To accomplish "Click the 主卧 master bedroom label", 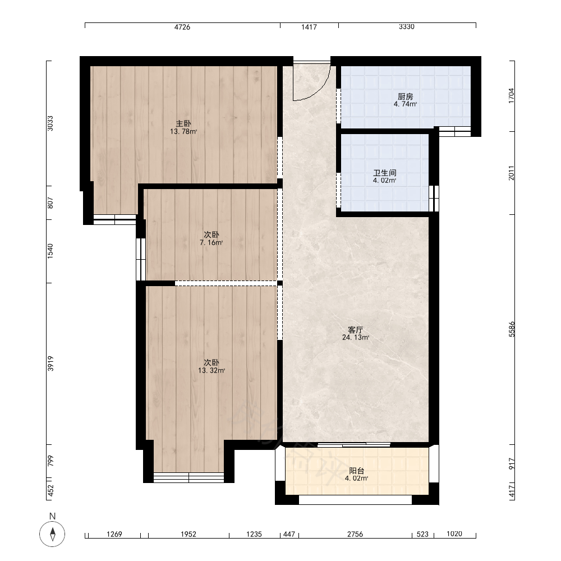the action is tap(183, 124).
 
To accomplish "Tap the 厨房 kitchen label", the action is tap(406, 96).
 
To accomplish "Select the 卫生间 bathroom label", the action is tap(385, 173).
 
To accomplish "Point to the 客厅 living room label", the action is tap(356, 329).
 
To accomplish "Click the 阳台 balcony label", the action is tap(357, 471).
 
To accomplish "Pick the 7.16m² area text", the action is tap(211, 242).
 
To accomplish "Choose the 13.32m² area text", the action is tap(211, 371).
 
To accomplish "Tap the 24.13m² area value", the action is tap(356, 337).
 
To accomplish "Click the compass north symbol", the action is tap(52, 534).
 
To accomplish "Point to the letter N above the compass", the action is tap(52, 516).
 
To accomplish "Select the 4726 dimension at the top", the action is tap(182, 27).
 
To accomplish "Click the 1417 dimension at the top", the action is tap(309, 27).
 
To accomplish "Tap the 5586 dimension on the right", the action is tap(512, 329).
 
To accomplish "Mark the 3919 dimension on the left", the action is tap(50, 364).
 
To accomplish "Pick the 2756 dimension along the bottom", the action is tap(355, 534).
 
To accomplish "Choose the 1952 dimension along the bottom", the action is tap(188, 534).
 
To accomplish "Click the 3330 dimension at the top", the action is tap(407, 27).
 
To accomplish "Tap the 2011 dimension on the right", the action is tap(512, 173).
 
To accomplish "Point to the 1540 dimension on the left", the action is tap(50, 251).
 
